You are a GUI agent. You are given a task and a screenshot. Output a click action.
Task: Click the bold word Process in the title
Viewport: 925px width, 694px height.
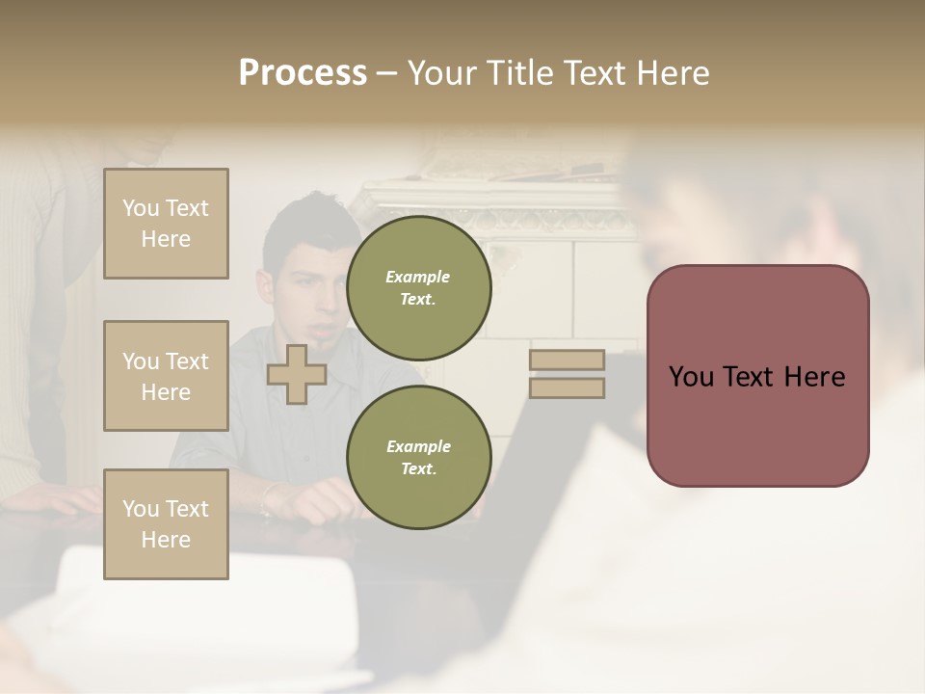pyautogui.click(x=303, y=73)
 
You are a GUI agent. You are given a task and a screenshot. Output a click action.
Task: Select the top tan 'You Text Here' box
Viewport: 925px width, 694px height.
pyautogui.click(x=166, y=224)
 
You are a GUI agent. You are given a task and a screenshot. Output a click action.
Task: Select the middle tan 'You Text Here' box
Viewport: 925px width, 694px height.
pyautogui.click(x=166, y=376)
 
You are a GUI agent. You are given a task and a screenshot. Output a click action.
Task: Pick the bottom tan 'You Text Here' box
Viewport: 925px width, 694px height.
pyautogui.click(x=166, y=524)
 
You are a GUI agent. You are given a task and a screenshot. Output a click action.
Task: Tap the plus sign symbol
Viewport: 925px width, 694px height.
pyautogui.click(x=297, y=374)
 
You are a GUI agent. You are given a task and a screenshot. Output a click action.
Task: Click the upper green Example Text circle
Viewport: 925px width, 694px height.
pyautogui.click(x=418, y=287)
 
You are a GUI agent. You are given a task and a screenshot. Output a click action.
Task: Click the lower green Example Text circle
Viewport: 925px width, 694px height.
pyautogui.click(x=418, y=457)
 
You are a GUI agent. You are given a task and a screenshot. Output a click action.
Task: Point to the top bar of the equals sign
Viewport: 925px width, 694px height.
pyautogui.click(x=567, y=360)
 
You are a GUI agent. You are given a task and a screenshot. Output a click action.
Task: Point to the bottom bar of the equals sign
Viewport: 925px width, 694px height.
pyautogui.click(x=567, y=387)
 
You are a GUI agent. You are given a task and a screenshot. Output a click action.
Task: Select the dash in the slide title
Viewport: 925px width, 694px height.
pyautogui.click(x=387, y=74)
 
